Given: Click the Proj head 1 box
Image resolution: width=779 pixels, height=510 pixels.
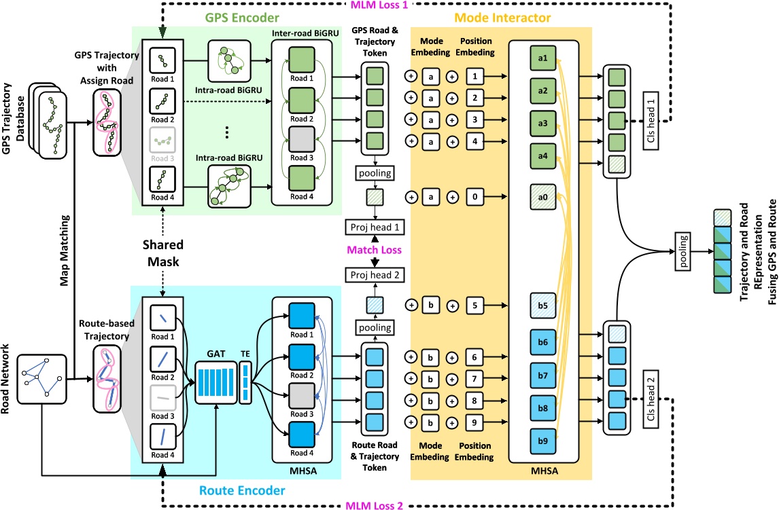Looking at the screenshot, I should (375, 227).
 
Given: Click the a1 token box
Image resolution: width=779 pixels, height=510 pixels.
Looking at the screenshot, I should (543, 60).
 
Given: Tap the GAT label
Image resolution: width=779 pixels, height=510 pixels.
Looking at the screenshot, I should (213, 353).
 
